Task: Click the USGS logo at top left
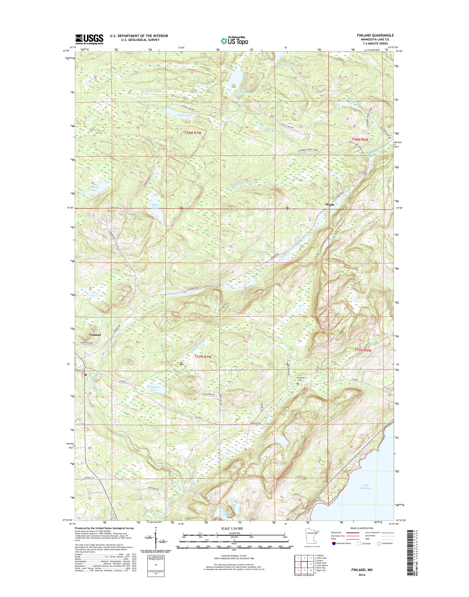(89, 39)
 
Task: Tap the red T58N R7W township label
(194, 133)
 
